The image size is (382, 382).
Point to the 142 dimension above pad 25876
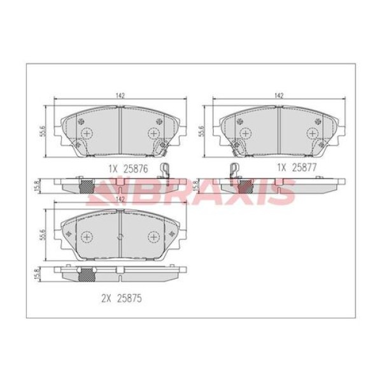(x=120, y=95)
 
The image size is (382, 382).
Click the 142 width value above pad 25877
(x=278, y=95)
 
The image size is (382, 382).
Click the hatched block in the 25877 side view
(x=244, y=185)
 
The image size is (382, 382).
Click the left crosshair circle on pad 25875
(x=86, y=236)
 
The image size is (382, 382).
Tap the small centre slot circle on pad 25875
(x=120, y=236)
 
